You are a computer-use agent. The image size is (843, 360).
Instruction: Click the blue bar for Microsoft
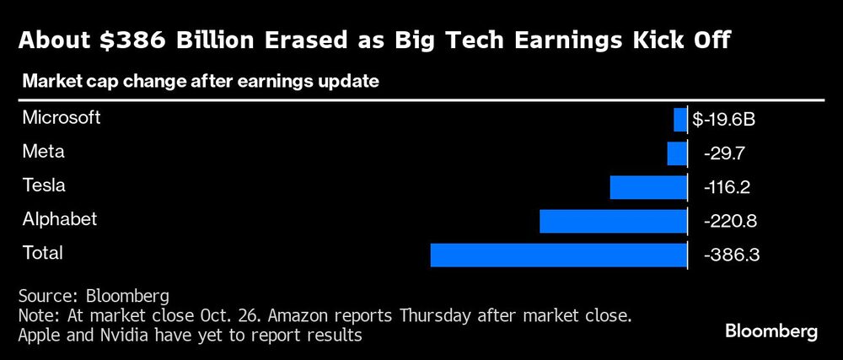[680, 120]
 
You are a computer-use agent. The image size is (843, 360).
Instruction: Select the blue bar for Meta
[677, 153]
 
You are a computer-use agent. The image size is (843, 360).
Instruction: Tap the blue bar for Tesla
[648, 187]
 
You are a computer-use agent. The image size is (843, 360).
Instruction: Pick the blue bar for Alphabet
[613, 221]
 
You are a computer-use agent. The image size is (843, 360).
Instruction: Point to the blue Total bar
[558, 255]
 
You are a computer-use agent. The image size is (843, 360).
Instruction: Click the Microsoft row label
[62, 118]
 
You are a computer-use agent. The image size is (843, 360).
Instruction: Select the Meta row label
[44, 152]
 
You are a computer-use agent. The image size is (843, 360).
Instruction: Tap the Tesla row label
[45, 185]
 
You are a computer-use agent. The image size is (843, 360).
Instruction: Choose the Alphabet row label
[60, 219]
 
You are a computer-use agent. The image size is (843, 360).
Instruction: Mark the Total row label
[43, 253]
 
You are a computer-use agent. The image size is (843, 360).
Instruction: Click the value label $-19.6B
[723, 121]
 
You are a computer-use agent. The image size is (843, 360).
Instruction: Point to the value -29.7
[723, 154]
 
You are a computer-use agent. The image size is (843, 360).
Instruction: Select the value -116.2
[728, 188]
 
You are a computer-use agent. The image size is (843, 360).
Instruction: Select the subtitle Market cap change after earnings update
[201, 82]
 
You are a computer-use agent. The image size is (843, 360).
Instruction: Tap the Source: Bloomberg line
[94, 297]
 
